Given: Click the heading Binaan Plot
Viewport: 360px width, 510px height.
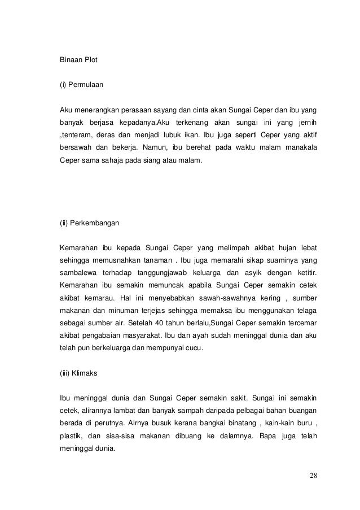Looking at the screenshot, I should (x=78, y=59).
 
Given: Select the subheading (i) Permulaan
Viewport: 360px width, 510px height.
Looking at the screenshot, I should (x=82, y=86).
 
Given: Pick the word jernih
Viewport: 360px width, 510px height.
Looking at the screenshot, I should (x=305, y=122).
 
